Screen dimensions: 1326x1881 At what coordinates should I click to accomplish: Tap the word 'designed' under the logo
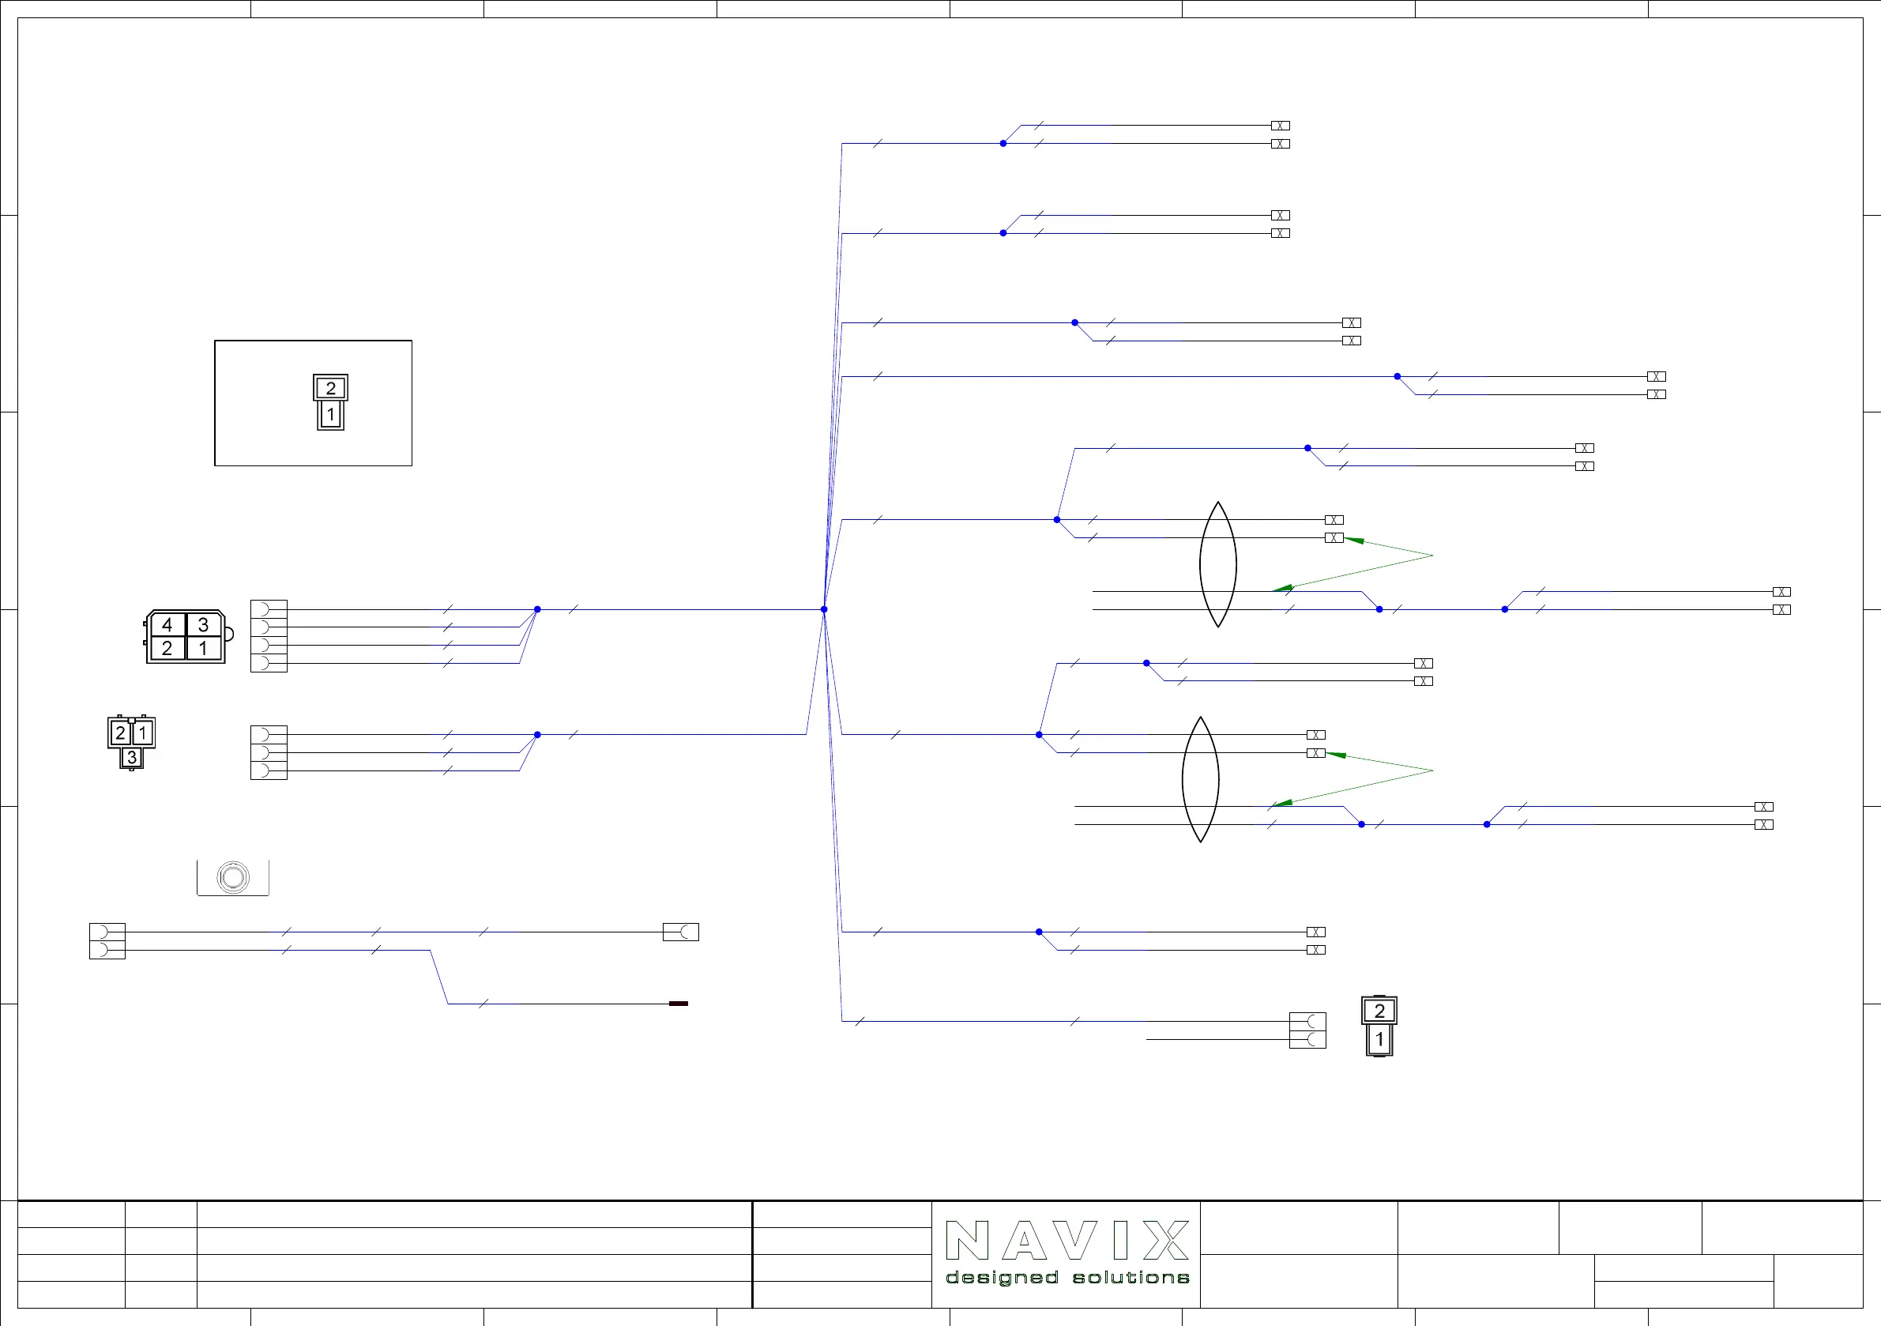[x=1001, y=1278]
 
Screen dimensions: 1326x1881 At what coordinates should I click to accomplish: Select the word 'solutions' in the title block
[x=1130, y=1278]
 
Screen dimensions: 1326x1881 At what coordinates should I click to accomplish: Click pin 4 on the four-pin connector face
[x=167, y=624]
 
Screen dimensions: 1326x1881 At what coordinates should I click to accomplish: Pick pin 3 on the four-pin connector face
[x=203, y=624]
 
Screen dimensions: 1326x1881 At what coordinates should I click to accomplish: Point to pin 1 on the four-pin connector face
[x=203, y=648]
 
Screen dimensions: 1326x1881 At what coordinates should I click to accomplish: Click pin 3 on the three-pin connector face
[x=131, y=757]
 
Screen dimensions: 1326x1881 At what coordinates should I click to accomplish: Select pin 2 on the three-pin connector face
[x=120, y=733]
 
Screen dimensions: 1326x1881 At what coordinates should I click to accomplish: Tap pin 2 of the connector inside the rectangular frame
[x=330, y=388]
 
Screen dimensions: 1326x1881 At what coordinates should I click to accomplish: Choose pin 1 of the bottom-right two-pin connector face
[x=1379, y=1039]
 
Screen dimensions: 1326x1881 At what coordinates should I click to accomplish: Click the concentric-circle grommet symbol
[x=233, y=877]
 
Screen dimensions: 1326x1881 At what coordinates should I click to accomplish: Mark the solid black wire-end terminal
[x=679, y=1003]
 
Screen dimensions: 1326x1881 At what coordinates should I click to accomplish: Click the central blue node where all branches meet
[x=824, y=610]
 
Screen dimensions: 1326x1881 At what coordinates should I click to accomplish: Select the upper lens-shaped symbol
[x=1218, y=565]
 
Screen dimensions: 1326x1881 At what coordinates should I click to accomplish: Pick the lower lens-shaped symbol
[x=1200, y=779]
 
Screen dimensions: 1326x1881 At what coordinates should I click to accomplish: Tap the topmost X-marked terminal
[x=1281, y=126]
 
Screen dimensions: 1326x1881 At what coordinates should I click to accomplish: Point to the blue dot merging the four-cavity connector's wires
[x=537, y=610]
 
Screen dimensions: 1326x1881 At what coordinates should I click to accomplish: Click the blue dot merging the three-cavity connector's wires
[x=537, y=735]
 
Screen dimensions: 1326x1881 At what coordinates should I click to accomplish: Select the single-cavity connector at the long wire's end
[x=681, y=932]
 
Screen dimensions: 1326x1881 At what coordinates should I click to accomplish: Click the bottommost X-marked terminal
[x=1315, y=950]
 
